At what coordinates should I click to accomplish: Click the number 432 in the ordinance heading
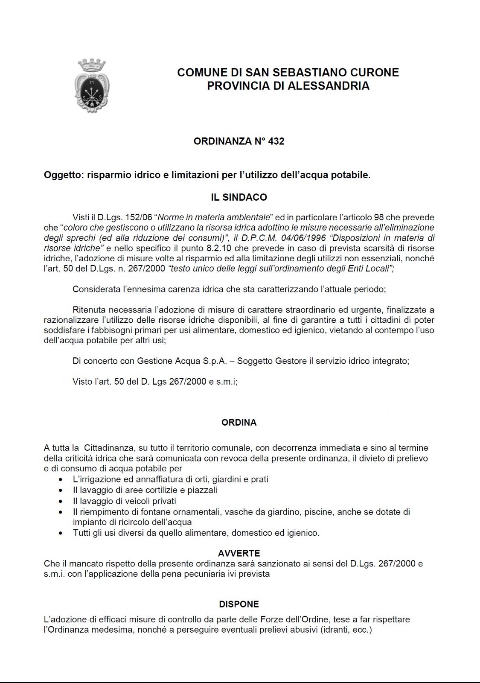click(x=276, y=141)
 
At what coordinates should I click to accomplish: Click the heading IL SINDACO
click(x=239, y=197)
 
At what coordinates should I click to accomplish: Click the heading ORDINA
click(x=239, y=423)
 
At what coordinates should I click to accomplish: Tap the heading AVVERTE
click(x=239, y=554)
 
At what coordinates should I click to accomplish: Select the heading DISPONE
click(x=239, y=604)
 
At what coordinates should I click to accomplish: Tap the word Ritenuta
click(x=89, y=309)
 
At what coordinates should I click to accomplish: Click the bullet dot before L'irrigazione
click(x=61, y=480)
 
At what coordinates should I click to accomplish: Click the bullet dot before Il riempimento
click(x=61, y=512)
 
